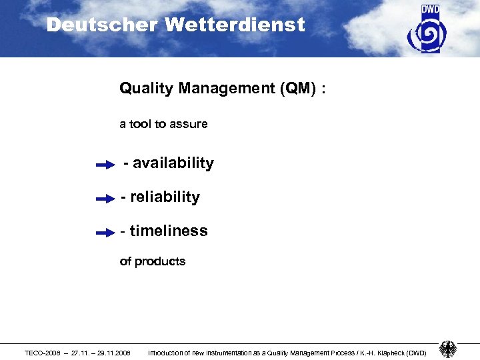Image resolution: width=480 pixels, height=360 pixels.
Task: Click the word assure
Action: (x=190, y=124)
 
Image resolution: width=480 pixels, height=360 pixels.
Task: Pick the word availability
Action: (x=173, y=163)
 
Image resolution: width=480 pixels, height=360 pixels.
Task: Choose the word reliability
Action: (x=165, y=197)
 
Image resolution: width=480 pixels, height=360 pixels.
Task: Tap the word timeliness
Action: (x=169, y=231)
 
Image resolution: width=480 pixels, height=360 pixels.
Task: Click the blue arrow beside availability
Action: (x=105, y=165)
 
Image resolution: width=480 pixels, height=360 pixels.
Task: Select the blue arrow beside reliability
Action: (x=105, y=199)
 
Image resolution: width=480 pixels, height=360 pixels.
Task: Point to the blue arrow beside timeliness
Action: (x=105, y=233)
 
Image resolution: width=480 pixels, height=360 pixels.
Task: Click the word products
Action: (x=160, y=261)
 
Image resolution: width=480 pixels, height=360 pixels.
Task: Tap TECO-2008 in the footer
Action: (x=41, y=353)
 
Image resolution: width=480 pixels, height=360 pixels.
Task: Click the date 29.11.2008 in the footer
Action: (x=113, y=353)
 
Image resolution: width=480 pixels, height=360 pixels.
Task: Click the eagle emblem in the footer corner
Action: (x=448, y=349)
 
